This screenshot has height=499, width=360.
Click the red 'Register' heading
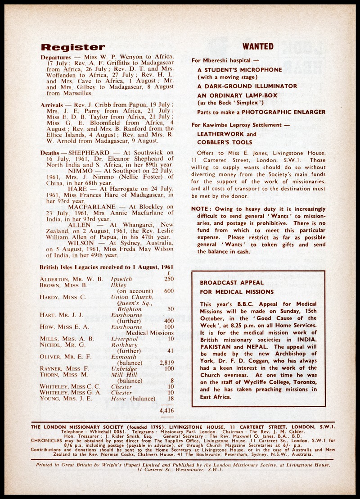(x=73, y=47)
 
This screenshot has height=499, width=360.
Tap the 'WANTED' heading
(x=258, y=46)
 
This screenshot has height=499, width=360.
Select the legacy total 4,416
(x=166, y=410)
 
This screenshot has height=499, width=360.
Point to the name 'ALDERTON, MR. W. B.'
(x=71, y=279)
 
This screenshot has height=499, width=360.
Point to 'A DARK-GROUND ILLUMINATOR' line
(x=247, y=86)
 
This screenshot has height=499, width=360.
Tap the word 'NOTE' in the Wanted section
(x=198, y=209)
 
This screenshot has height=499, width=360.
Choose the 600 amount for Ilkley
(x=169, y=291)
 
